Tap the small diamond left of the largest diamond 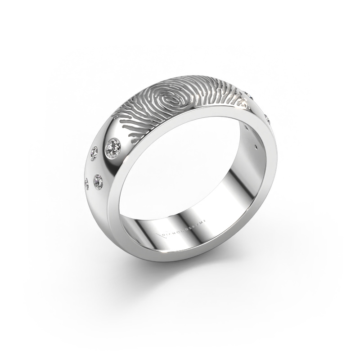pos(94,154)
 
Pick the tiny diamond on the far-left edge pos(86,182)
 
